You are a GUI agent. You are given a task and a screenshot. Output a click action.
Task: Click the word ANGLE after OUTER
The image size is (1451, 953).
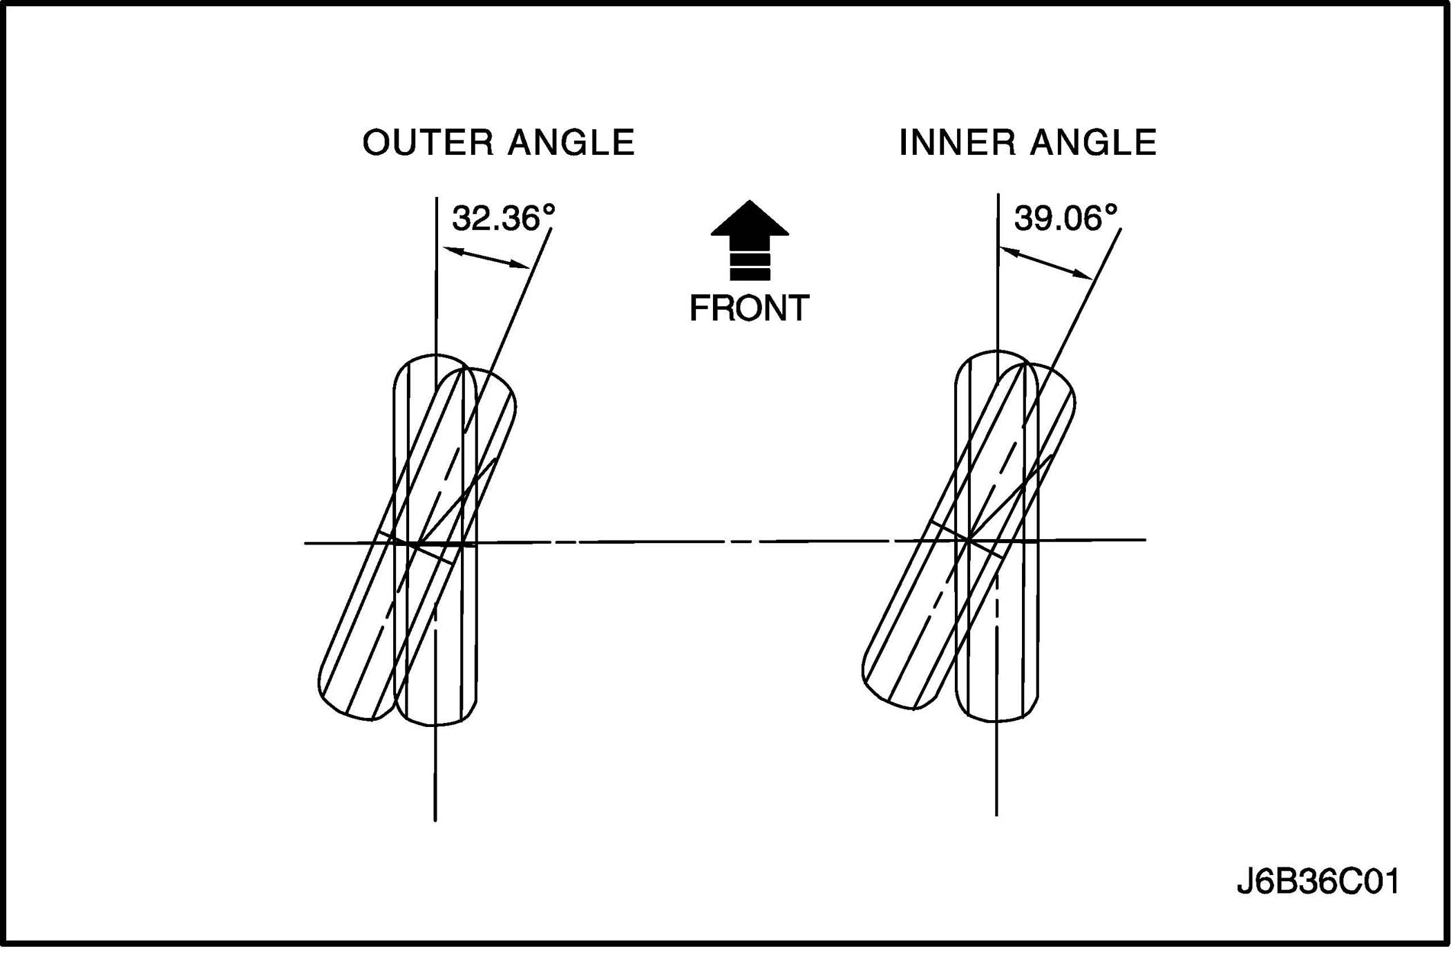571,143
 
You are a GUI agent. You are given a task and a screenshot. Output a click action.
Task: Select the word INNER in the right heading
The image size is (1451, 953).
957,143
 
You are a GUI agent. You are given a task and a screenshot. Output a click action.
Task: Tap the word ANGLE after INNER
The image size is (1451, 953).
1093,143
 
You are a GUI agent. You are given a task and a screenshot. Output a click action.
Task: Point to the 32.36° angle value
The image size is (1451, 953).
503,218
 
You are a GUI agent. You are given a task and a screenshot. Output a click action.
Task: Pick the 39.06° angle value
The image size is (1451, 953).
1065,218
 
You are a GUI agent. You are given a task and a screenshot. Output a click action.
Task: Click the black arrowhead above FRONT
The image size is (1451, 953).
750,220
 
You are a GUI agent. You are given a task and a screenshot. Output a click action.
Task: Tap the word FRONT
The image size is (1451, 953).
749,308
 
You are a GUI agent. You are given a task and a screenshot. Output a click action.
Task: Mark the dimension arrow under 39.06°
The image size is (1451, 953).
1046,263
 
